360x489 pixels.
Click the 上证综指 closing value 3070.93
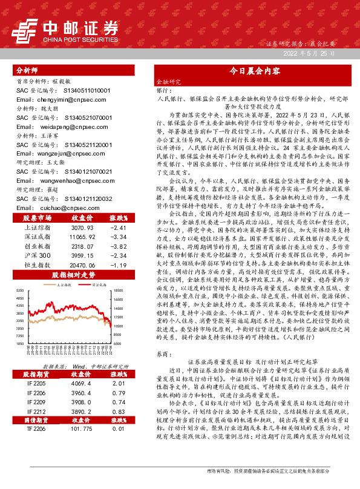click(82, 228)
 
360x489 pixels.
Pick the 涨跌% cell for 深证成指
click(117, 237)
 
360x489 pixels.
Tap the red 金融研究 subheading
click(168, 80)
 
